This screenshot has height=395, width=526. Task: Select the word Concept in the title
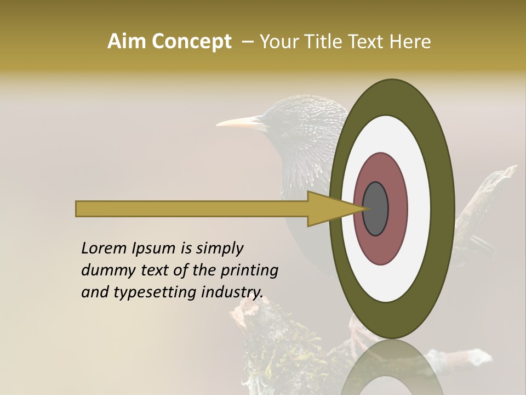pyautogui.click(x=191, y=42)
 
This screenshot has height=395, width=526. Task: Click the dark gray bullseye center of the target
pyautogui.click(x=375, y=208)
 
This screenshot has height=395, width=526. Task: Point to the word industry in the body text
pyautogui.click(x=232, y=292)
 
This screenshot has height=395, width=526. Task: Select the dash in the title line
pyautogui.click(x=248, y=42)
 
